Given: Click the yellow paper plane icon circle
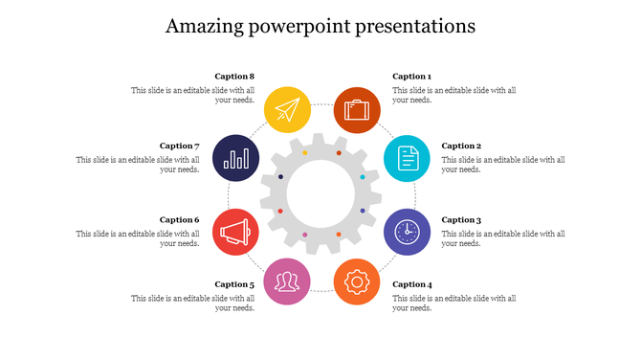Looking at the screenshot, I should [x=287, y=109].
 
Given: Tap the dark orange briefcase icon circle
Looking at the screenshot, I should [x=357, y=109].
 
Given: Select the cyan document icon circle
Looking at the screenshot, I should [x=408, y=159].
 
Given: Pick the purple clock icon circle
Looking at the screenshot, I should [x=408, y=232].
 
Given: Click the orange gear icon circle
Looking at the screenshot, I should [x=357, y=281].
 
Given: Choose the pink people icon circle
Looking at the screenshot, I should [x=287, y=281].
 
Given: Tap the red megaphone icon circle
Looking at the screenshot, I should [x=235, y=232].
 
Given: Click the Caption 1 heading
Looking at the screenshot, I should [x=411, y=77].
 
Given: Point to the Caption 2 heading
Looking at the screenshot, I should [x=461, y=146].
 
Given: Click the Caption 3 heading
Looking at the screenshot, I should [x=461, y=220].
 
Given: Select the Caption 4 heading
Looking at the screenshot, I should [x=411, y=284].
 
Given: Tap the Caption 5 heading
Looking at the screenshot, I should [x=234, y=284].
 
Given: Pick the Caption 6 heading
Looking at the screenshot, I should [x=179, y=220].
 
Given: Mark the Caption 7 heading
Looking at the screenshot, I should [x=179, y=146].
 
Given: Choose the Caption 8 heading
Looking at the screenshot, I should [x=234, y=77].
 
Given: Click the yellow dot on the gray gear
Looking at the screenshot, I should [x=305, y=153].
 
